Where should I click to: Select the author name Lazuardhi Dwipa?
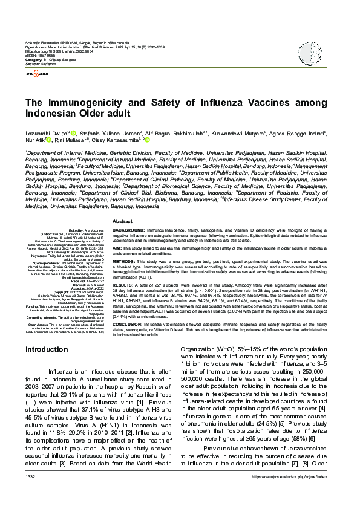click(x=45, y=133)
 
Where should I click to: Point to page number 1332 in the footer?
click(x=30, y=494)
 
